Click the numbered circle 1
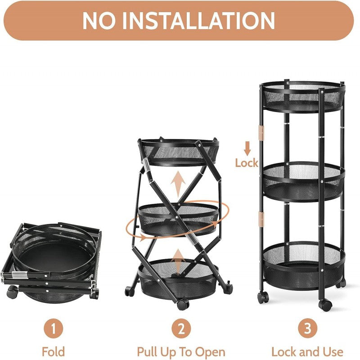tap(53, 328)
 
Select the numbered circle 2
tap(180, 328)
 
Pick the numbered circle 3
tap(308, 328)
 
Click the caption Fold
tap(53, 351)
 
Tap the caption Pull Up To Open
tap(181, 351)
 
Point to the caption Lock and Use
tap(308, 351)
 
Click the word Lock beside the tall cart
tap(246, 162)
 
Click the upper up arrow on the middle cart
tap(179, 183)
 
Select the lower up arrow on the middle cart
tap(179, 261)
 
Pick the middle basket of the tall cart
tap(304, 181)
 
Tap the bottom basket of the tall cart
tap(304, 265)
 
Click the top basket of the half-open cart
tap(179, 151)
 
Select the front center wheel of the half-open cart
tap(182, 305)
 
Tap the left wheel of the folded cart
tap(11, 293)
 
